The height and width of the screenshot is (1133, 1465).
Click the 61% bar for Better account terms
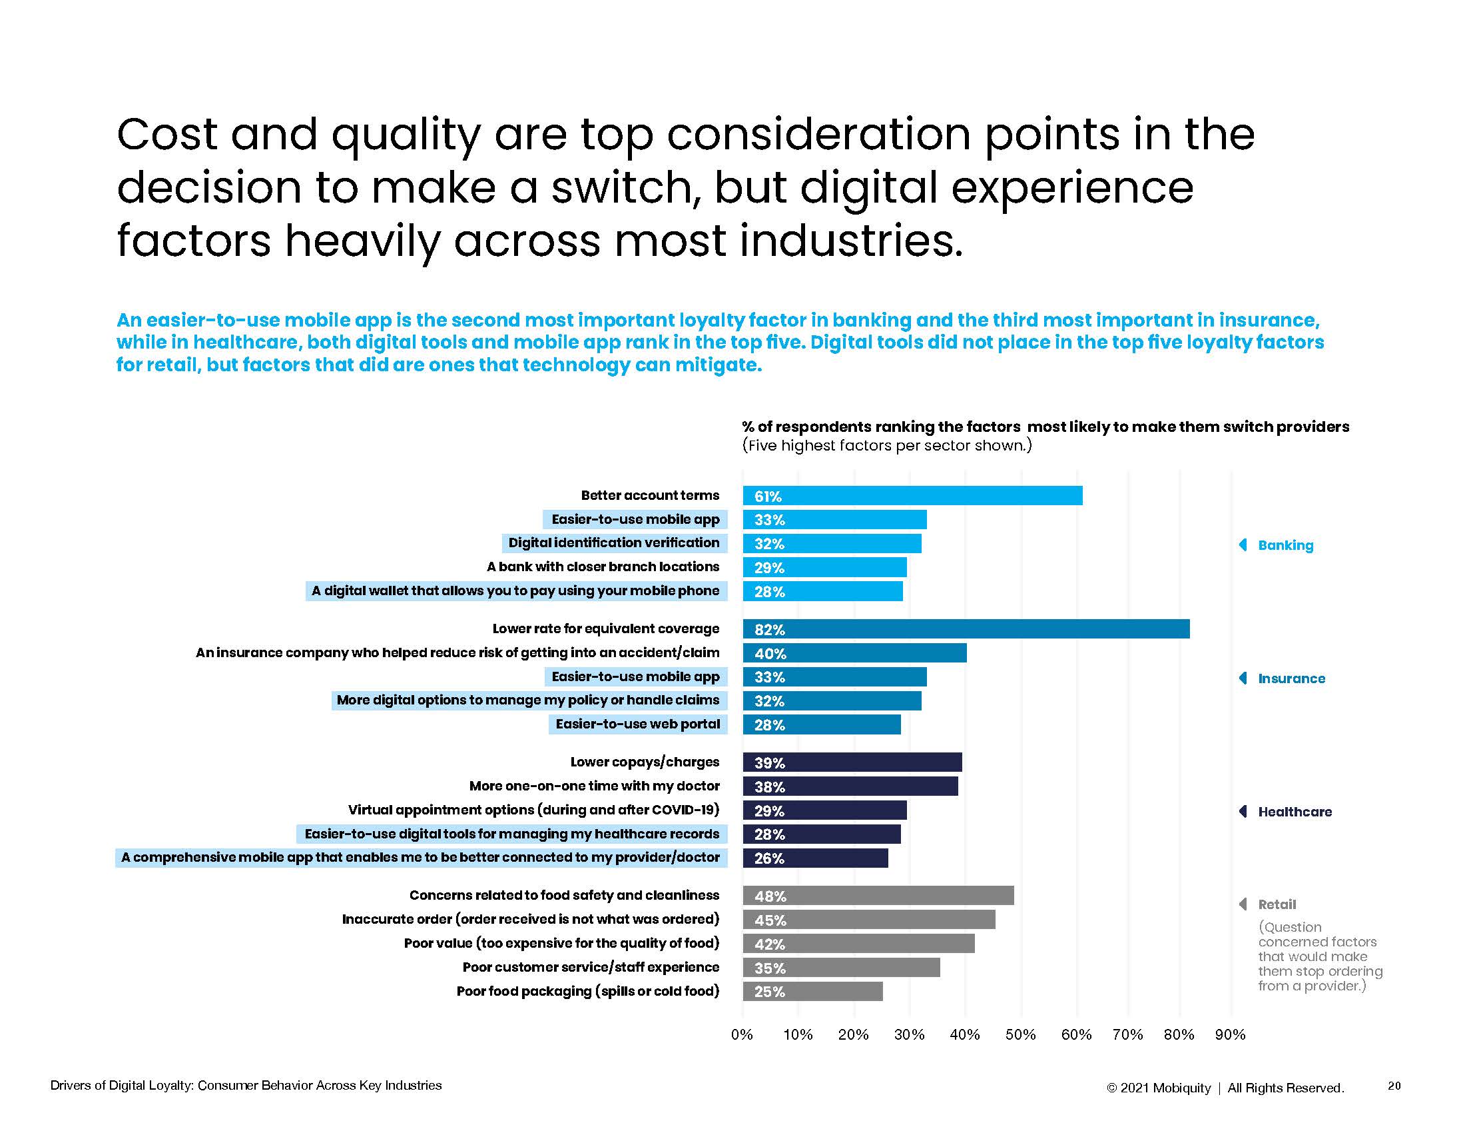(912, 496)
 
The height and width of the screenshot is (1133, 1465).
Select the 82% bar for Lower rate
(966, 629)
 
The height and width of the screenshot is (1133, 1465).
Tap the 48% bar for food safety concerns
(878, 895)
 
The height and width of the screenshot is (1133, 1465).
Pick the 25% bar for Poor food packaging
(812, 992)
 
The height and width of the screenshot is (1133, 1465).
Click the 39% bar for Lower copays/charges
(852, 762)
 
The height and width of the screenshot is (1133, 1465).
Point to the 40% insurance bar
(854, 653)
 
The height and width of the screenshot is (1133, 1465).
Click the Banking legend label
(1285, 545)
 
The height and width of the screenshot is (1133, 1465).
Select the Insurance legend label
(1291, 678)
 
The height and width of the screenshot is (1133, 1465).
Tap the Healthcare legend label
(1295, 812)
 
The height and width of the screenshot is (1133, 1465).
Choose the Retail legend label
(1277, 904)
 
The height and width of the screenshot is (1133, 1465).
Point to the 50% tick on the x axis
(1020, 1035)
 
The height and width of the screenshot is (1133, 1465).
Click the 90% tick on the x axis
(1230, 1035)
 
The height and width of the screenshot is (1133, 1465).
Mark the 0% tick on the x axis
(742, 1035)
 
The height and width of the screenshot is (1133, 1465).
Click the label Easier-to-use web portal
(637, 724)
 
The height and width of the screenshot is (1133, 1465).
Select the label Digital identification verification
(614, 543)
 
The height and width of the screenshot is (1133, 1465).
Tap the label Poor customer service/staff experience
(590, 967)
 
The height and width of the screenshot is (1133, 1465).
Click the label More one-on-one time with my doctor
(594, 786)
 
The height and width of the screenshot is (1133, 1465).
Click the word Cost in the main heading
(167, 134)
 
